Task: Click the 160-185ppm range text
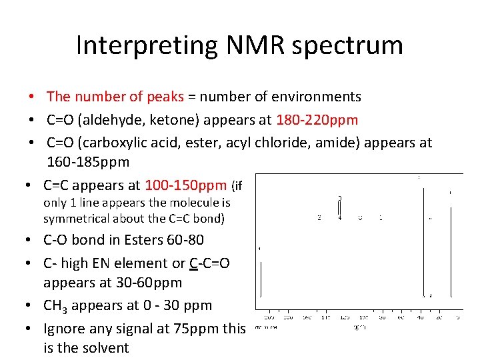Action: point(88,162)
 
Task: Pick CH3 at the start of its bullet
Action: point(55,306)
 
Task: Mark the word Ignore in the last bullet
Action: point(64,329)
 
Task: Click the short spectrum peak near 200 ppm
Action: point(260,280)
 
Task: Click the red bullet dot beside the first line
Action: point(31,97)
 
